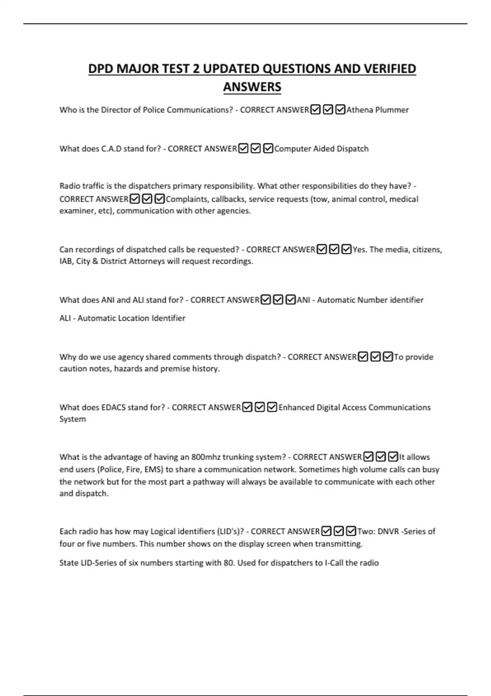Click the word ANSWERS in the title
click(x=252, y=87)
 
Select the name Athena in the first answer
click(x=359, y=110)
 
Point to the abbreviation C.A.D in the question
click(x=111, y=149)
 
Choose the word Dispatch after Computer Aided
click(x=352, y=149)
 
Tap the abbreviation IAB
click(x=66, y=261)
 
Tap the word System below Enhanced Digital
click(x=72, y=419)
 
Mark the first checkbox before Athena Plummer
click(x=315, y=110)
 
